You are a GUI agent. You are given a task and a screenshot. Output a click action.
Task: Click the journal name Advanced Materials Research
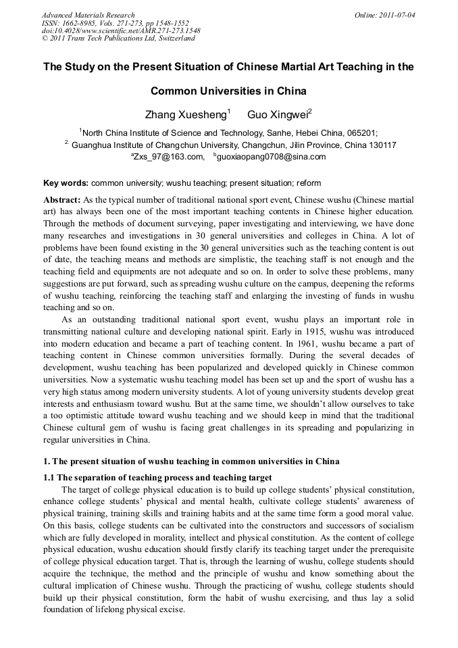click(x=88, y=15)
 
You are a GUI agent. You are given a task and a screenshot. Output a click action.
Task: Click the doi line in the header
click(x=120, y=30)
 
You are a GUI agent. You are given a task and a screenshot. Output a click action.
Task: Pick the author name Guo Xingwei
click(x=277, y=114)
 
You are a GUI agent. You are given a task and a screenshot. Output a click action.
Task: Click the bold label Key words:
click(x=66, y=183)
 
